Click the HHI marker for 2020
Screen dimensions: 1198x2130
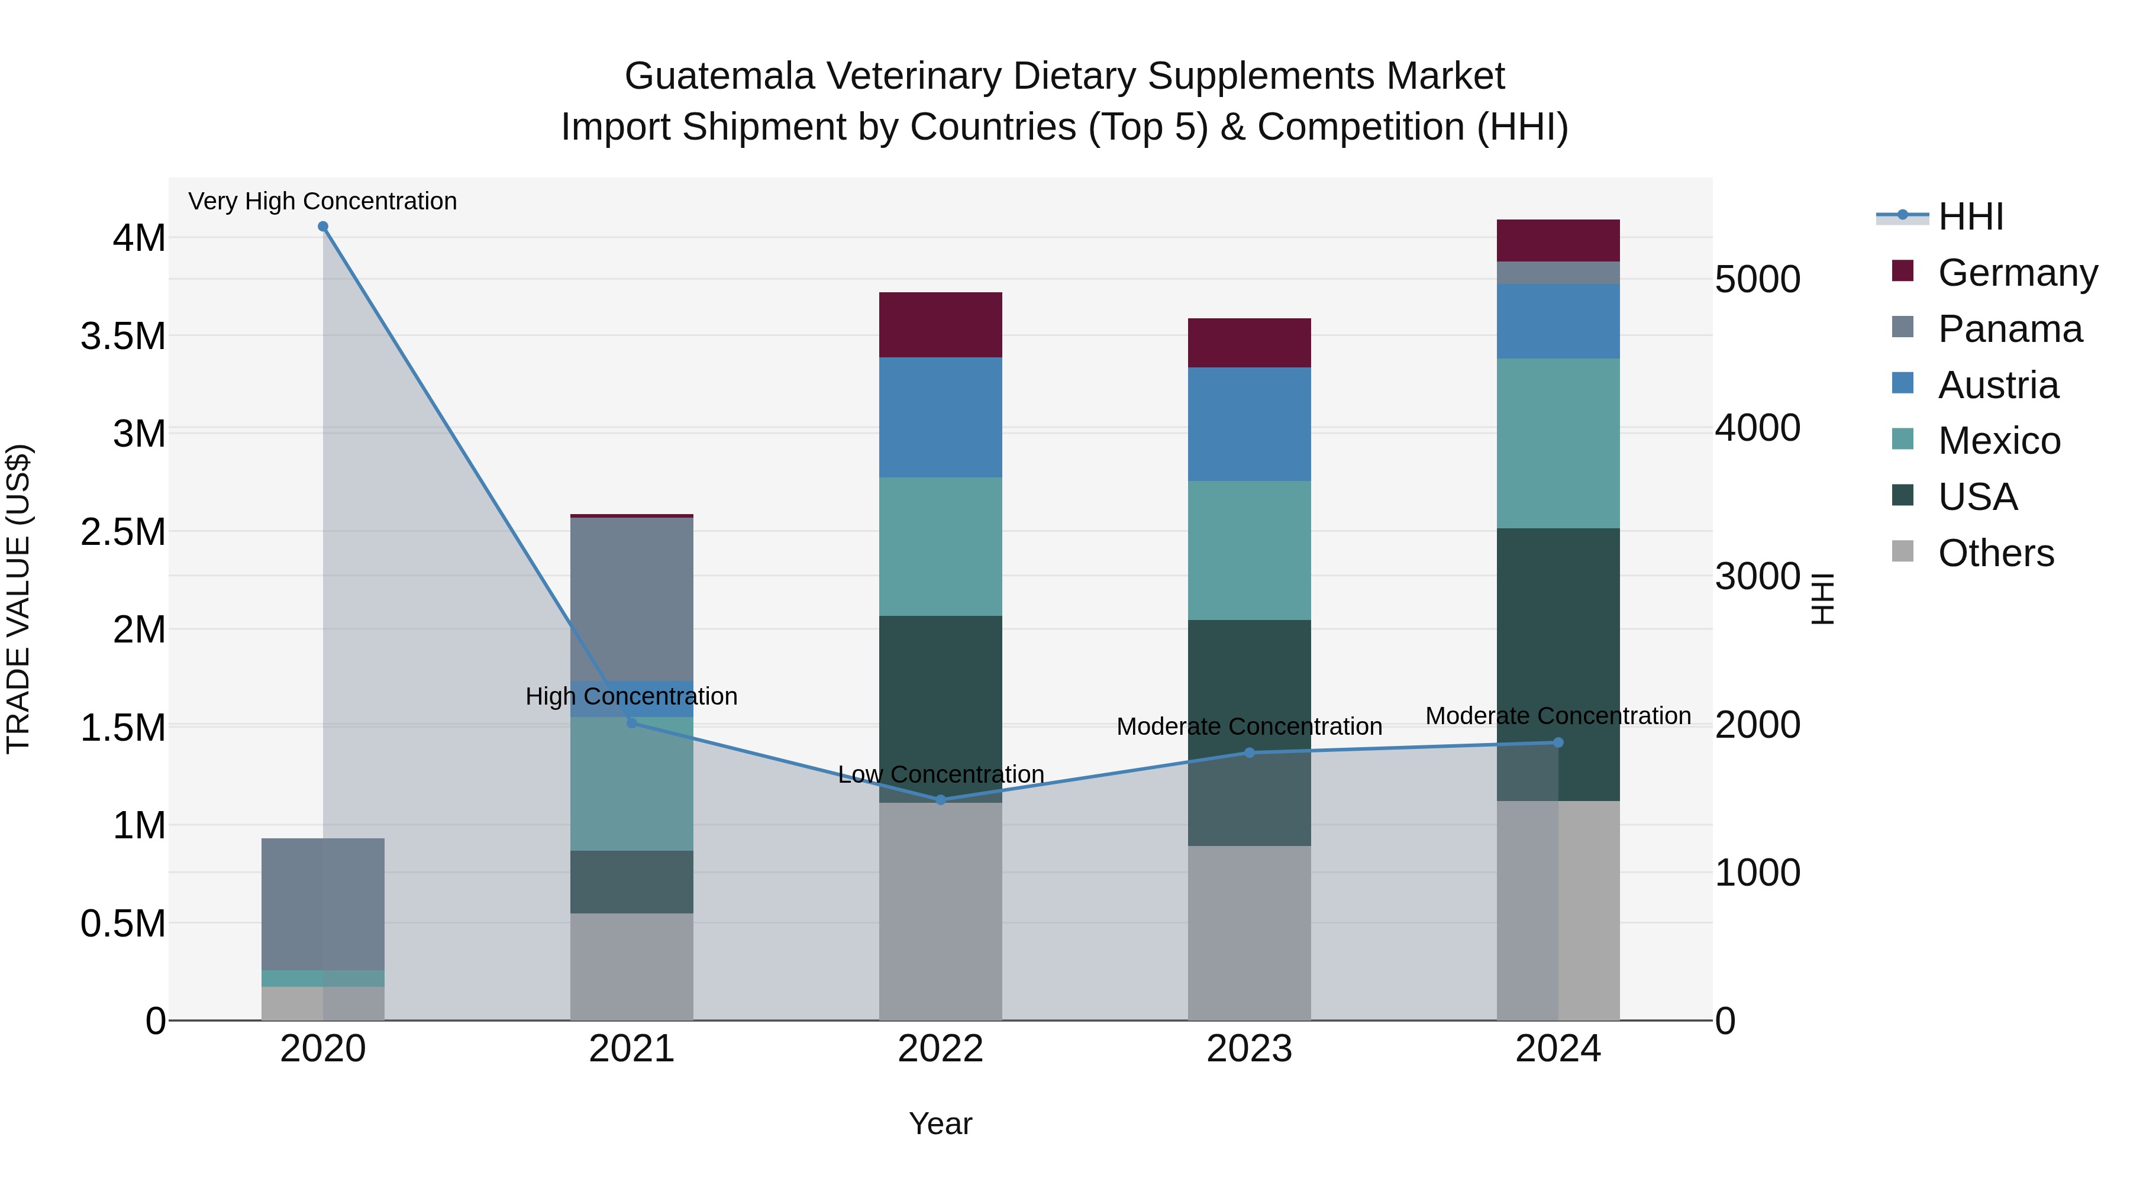click(x=322, y=227)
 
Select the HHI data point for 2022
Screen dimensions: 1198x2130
click(x=940, y=799)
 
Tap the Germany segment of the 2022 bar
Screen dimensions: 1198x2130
click(x=940, y=325)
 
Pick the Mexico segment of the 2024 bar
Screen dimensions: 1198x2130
click(x=1558, y=443)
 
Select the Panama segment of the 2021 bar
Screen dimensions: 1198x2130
click(x=632, y=599)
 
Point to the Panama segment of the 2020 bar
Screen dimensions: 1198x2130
click(x=322, y=903)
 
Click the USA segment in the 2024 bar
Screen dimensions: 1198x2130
click(x=1558, y=664)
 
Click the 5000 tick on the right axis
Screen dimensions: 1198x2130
click(x=1757, y=279)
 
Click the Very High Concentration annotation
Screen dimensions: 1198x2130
click(x=322, y=201)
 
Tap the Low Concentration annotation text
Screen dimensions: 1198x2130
click(x=940, y=774)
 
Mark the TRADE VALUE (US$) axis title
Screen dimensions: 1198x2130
click(x=18, y=599)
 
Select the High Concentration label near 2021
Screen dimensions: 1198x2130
click(x=631, y=696)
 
